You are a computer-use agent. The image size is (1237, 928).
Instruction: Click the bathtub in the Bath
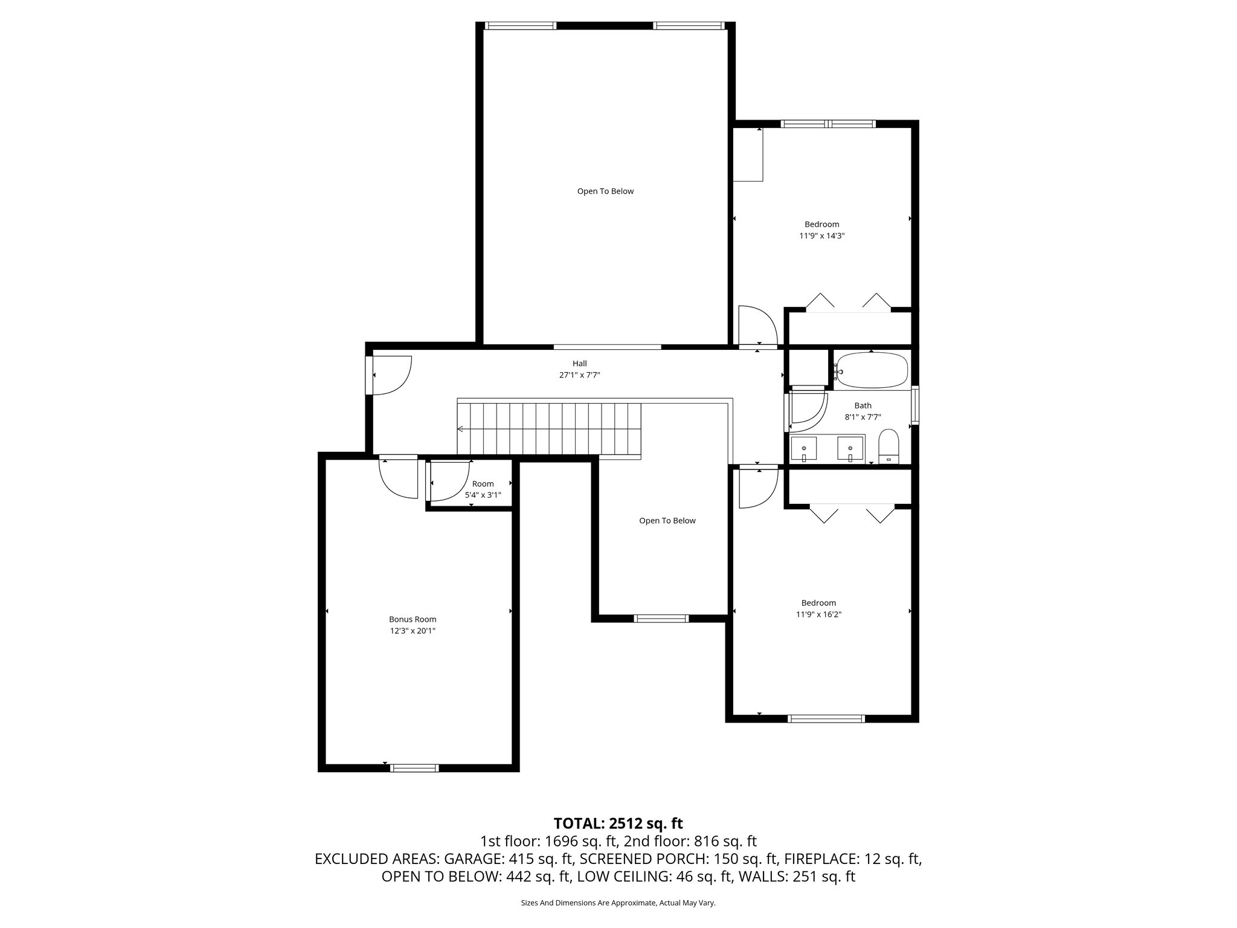(x=872, y=370)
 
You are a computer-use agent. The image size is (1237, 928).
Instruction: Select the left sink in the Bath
(x=804, y=448)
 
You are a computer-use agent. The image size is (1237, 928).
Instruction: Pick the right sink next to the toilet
(x=850, y=448)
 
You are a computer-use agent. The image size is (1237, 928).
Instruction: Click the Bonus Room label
(x=413, y=619)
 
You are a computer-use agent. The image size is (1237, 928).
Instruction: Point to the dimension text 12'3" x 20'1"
(x=413, y=631)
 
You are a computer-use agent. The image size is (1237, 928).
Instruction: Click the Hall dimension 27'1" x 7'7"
(x=579, y=375)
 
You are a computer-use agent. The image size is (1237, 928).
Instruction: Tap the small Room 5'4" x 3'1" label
(x=483, y=489)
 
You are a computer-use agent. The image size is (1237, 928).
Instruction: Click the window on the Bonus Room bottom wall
(x=414, y=768)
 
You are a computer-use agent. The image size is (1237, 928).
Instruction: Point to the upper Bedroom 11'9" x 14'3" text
(x=821, y=236)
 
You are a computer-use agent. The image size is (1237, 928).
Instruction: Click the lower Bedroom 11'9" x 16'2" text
(x=818, y=614)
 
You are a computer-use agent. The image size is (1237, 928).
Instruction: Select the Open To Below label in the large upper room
(x=605, y=192)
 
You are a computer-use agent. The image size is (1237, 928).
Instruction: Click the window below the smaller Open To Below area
(x=661, y=618)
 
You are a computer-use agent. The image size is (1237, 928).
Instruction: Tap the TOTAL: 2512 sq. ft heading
(x=618, y=823)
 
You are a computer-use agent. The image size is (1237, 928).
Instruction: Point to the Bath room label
(x=863, y=405)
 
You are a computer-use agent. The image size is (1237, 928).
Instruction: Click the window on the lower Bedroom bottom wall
(x=826, y=718)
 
